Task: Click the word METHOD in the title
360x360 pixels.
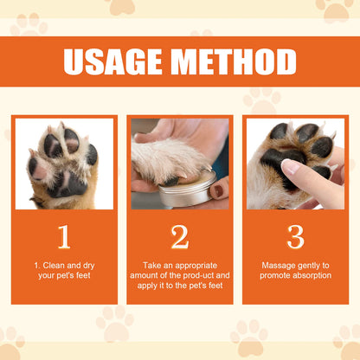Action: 233,62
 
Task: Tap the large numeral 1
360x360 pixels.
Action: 64,236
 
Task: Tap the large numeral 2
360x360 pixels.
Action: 180,236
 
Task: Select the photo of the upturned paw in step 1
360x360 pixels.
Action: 64,164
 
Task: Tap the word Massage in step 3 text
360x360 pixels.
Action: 279,265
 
